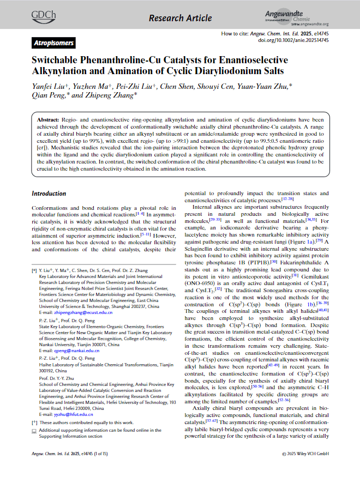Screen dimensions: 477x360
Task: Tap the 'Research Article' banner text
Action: [x=180, y=18]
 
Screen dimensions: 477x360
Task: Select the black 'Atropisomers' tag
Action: [x=52, y=43]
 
